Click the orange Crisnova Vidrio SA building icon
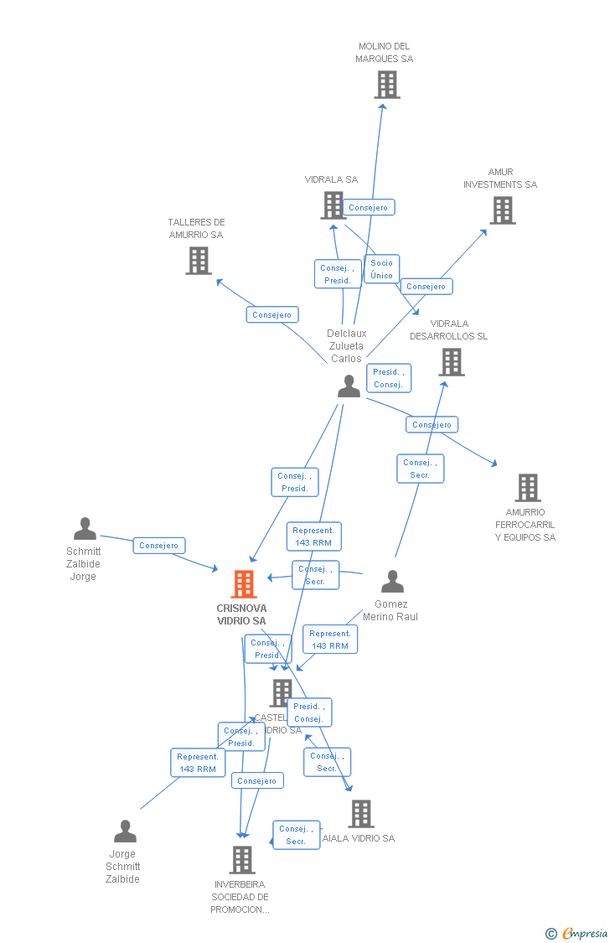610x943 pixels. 243,584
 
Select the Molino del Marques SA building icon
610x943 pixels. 386,85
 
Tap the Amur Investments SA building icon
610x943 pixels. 502,210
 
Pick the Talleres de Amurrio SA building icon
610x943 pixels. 198,261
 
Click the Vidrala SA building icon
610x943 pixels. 333,205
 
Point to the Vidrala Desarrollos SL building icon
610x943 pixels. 451,362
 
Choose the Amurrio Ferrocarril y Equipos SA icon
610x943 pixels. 527,487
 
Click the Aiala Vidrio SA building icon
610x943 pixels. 360,813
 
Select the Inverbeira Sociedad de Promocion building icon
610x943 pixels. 241,859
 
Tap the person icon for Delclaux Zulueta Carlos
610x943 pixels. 349,386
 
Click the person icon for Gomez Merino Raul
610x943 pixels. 392,582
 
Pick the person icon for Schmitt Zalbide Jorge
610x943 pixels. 85,529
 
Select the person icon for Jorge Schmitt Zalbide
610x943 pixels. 125,832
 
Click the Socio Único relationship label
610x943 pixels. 381,269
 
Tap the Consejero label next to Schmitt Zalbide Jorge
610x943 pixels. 159,546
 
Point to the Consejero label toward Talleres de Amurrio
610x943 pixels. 272,315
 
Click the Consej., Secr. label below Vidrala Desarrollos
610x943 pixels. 420,469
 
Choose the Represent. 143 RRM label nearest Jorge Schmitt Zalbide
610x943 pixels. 198,763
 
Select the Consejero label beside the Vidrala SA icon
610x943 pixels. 368,207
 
